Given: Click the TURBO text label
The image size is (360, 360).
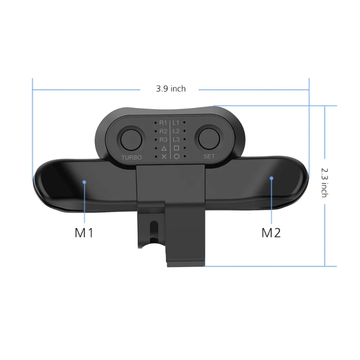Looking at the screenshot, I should point(131,157).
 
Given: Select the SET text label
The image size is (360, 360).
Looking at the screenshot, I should point(210,157).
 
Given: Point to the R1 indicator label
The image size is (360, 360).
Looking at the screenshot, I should point(163,122).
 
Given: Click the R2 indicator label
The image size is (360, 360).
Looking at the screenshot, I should point(163,131).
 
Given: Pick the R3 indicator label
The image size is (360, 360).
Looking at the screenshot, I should point(163,139).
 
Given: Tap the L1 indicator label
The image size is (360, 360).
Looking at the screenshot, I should point(176,122).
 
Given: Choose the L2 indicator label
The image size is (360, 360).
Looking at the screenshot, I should point(176,131).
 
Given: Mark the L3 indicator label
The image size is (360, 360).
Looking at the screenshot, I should point(176,139).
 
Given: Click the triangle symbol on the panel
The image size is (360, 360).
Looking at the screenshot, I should point(164,148).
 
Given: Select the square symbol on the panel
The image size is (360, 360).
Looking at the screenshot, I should point(176,148).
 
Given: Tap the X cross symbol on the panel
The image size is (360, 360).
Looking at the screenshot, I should point(164,157).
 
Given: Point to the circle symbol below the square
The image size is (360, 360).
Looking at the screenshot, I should point(176,157).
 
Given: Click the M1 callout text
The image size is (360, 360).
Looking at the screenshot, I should point(84,233).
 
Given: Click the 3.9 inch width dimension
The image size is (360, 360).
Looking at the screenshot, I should point(171,89).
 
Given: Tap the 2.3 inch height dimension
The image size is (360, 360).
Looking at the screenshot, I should point(324,182).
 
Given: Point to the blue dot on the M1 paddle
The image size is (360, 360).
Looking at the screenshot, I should point(84,182).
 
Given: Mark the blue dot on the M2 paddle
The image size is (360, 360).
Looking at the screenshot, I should point(271,178).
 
